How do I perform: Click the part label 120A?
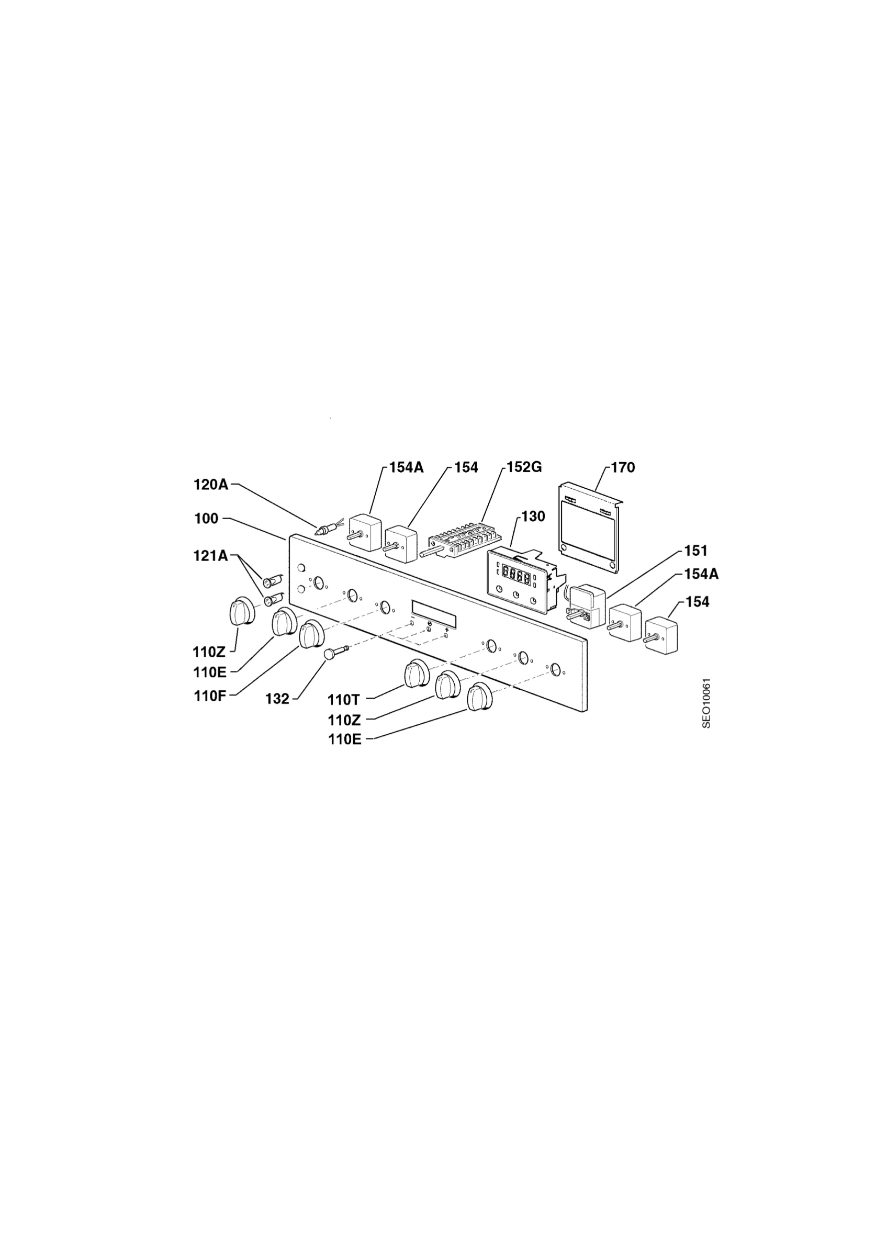(x=210, y=485)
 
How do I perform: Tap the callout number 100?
(x=206, y=518)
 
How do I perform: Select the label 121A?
(x=210, y=556)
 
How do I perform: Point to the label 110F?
(x=210, y=697)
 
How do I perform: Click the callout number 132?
(x=277, y=699)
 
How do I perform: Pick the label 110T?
(x=343, y=699)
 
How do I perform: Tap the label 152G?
(x=524, y=467)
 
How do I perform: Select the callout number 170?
(x=623, y=467)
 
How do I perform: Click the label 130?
(x=533, y=517)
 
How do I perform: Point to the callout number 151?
(x=696, y=551)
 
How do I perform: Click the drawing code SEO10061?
(x=706, y=703)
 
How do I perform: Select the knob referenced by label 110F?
(x=312, y=635)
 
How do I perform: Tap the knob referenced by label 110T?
(x=417, y=674)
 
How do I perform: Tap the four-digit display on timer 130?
(x=515, y=576)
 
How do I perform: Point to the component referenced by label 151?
(x=585, y=604)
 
